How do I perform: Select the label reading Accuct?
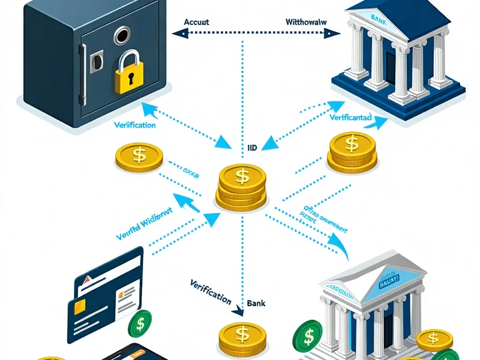pos(196,21)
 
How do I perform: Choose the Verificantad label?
pos(352,118)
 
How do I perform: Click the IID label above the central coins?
pos(253,146)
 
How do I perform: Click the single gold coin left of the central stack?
pos(139,157)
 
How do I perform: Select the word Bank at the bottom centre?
pos(256,304)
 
